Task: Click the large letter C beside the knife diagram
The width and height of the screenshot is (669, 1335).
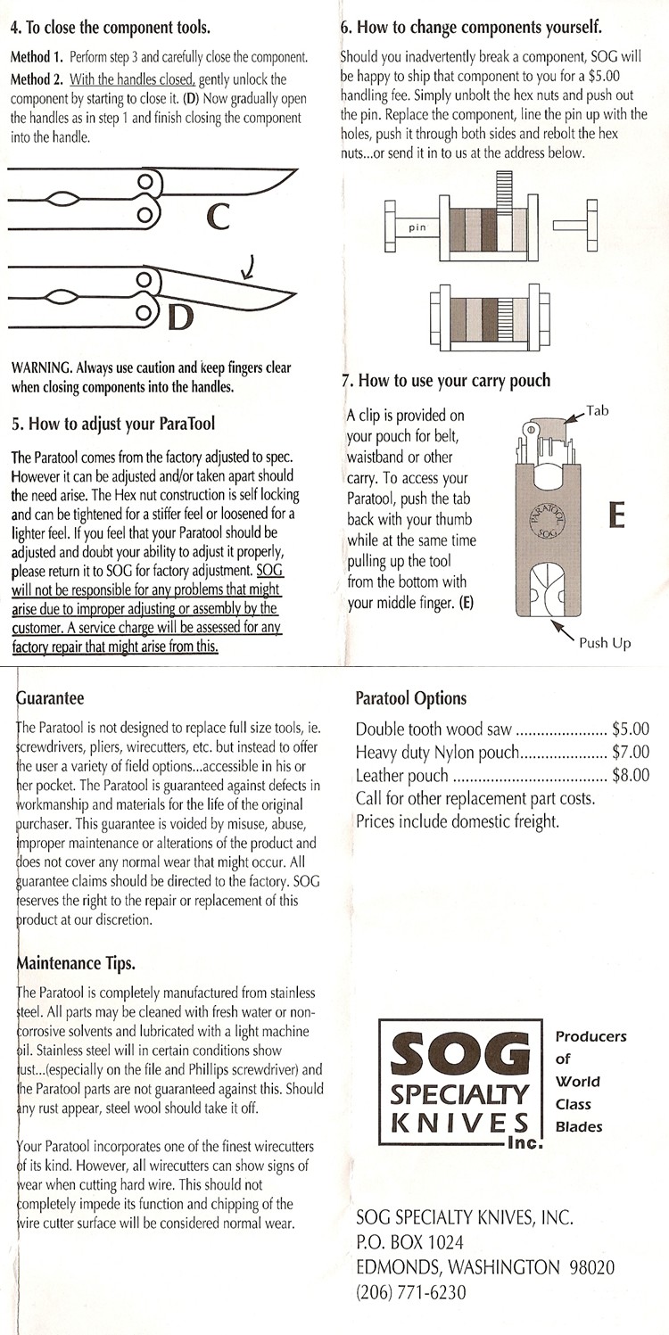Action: (x=219, y=215)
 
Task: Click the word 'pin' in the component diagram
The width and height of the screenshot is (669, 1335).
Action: (x=417, y=227)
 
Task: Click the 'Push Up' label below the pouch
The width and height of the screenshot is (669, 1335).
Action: (x=605, y=643)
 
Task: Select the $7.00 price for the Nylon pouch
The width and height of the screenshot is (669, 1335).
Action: (x=630, y=752)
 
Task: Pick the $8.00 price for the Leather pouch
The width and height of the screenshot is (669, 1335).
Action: (x=630, y=775)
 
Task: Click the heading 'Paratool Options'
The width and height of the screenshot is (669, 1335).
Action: (x=410, y=698)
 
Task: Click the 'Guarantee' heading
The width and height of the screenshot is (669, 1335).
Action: (x=52, y=697)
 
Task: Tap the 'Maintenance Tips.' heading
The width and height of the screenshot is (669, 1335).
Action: (x=76, y=963)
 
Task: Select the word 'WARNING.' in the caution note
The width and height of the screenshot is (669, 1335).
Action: (x=41, y=368)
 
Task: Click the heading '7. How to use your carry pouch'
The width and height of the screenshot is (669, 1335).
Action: (x=446, y=381)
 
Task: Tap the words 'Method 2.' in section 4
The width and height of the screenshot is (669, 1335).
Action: (x=36, y=79)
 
